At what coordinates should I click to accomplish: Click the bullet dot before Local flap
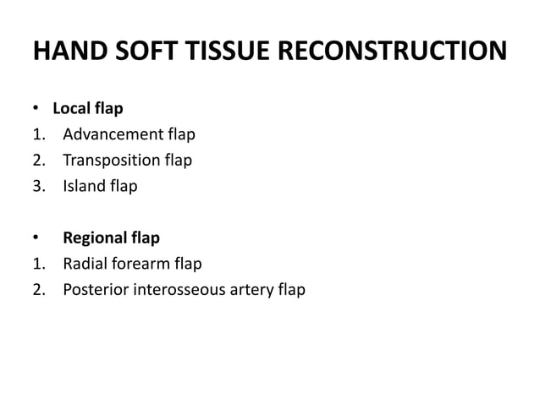click(x=36, y=110)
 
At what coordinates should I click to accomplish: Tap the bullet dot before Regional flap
click(x=36, y=239)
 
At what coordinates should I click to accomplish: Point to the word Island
click(x=83, y=186)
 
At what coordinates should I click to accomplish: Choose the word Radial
click(x=85, y=265)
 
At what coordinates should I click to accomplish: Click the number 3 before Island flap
click(x=38, y=186)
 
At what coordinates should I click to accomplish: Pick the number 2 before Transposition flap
click(x=38, y=161)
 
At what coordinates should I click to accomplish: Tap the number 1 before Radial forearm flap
click(x=38, y=265)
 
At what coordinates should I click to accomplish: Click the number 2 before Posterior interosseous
click(x=38, y=290)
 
